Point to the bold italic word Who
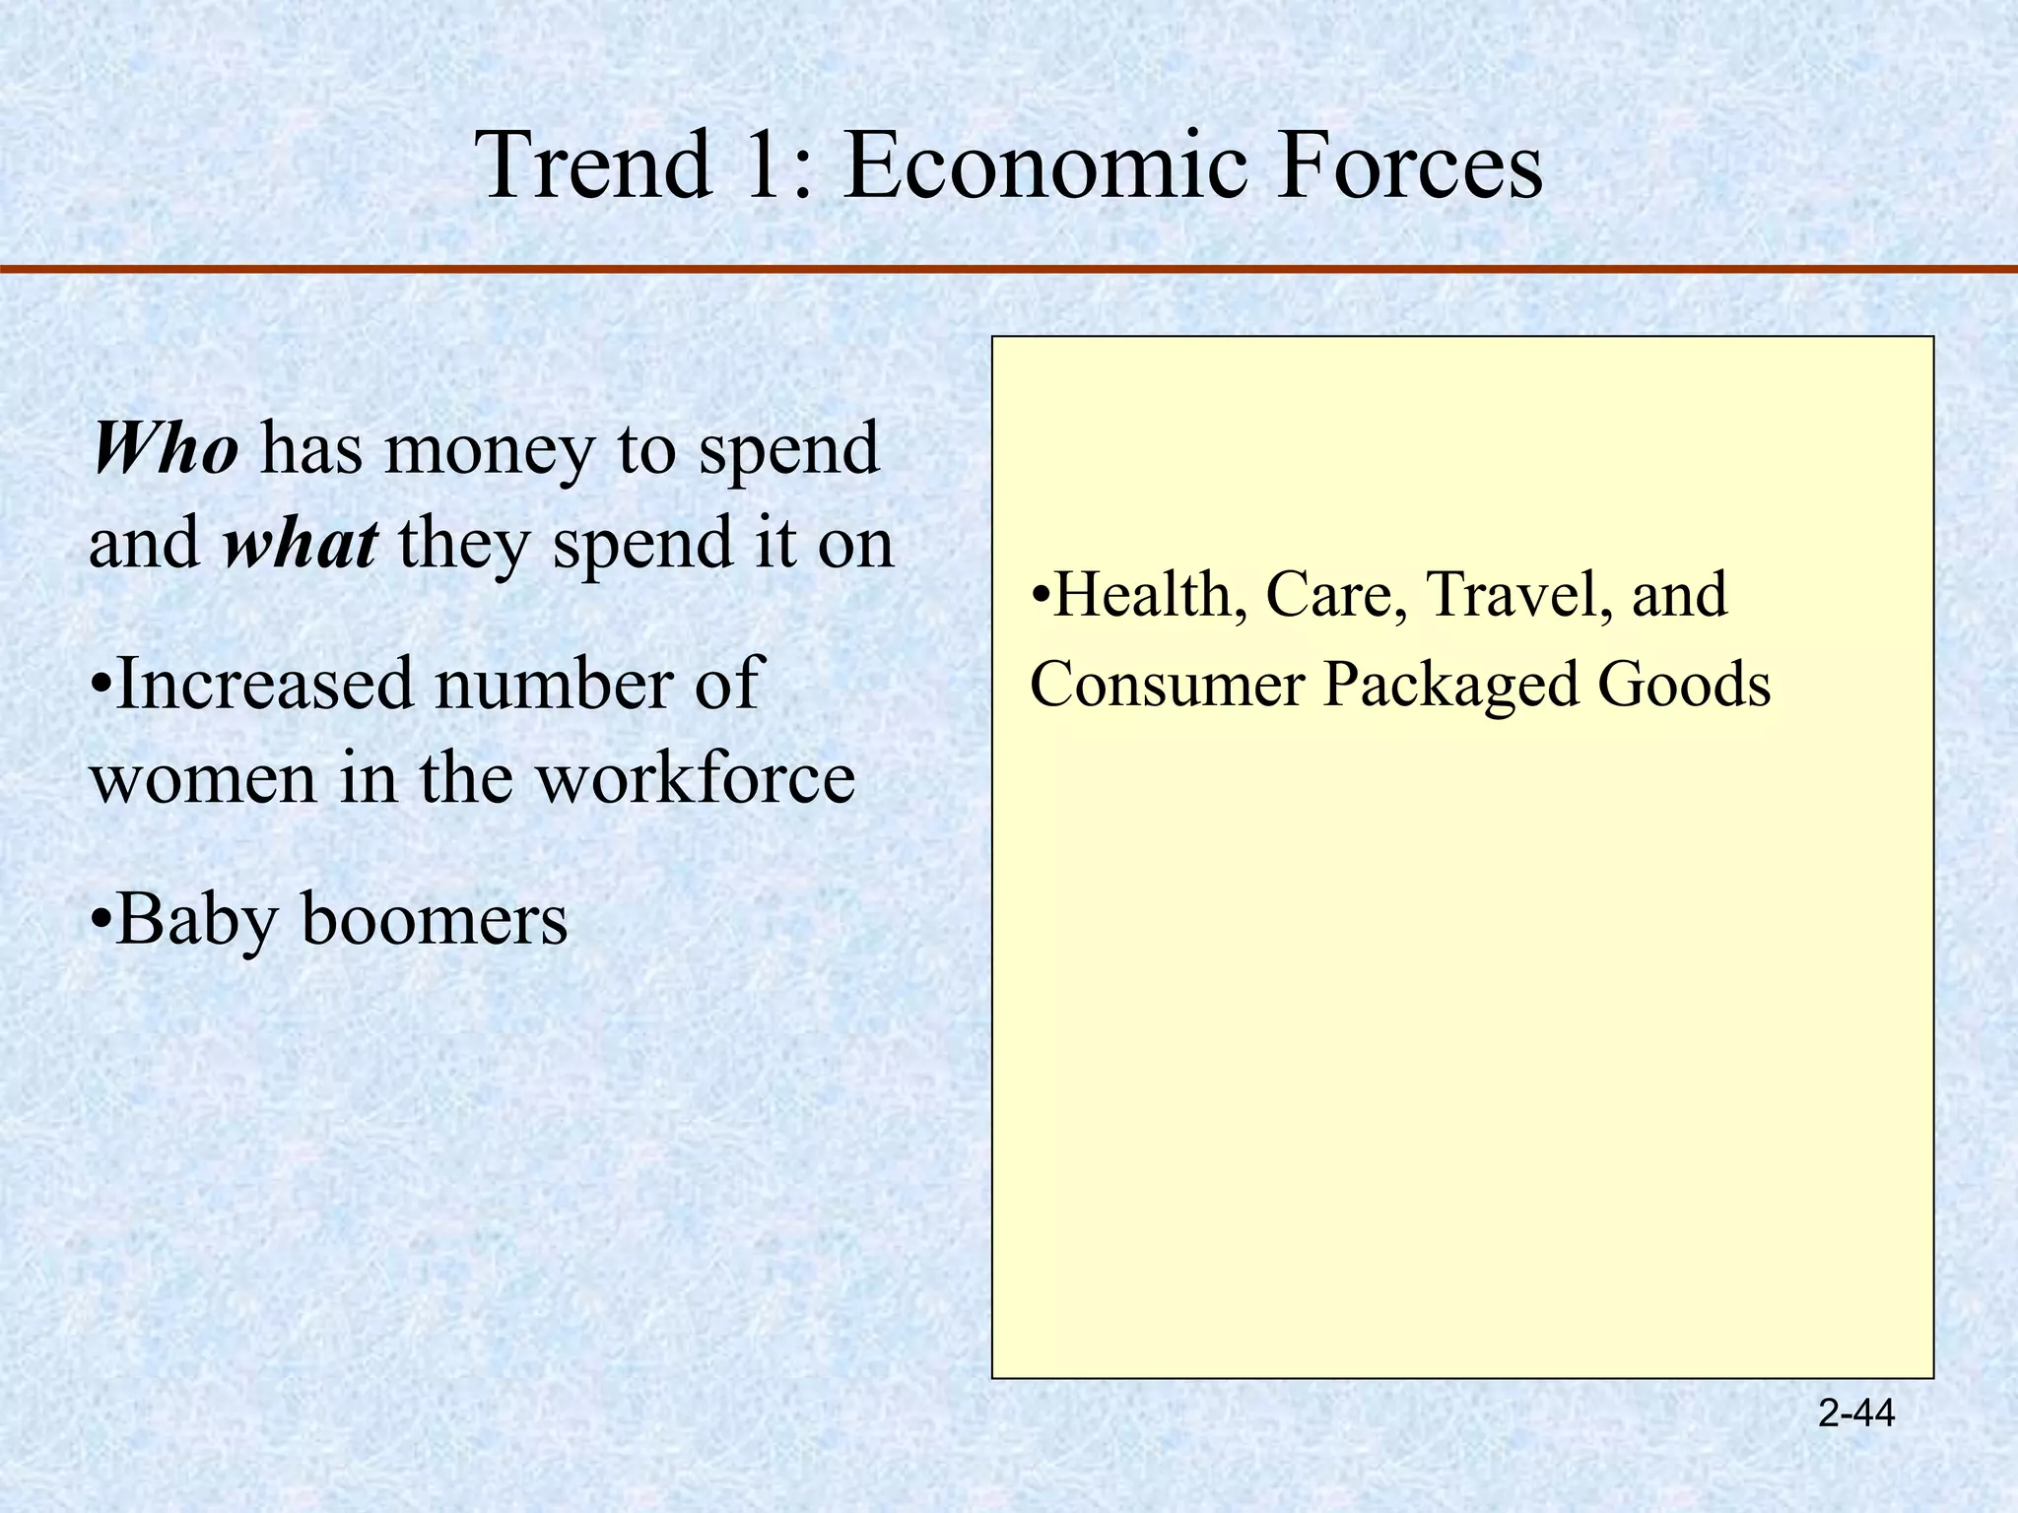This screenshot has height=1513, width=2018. [x=165, y=449]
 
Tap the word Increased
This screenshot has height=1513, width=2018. [x=264, y=684]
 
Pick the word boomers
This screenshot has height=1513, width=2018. [x=435, y=919]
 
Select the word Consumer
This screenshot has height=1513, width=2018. [x=1167, y=685]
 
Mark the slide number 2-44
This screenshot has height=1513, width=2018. [x=1855, y=1414]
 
